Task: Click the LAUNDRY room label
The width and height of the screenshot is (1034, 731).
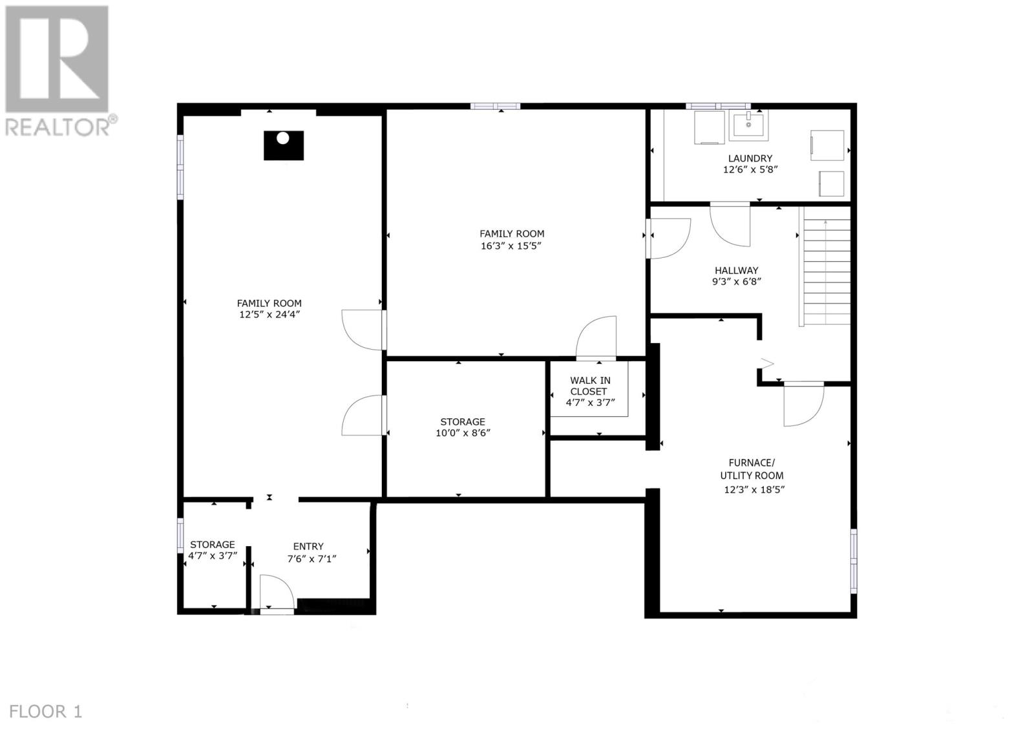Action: pos(750,158)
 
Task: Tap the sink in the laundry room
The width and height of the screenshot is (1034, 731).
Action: pos(749,124)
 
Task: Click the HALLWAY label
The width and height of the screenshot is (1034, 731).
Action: pos(736,271)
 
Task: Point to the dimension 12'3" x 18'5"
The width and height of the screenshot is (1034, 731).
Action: pos(754,489)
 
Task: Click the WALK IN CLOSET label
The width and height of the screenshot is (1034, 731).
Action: pos(589,386)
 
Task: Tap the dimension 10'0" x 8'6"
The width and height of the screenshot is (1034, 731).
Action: pos(463,433)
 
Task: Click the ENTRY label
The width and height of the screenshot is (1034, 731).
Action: pos(308,546)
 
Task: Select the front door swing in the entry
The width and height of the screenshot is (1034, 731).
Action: pos(277,592)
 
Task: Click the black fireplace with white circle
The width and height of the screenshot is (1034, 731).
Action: pos(283,145)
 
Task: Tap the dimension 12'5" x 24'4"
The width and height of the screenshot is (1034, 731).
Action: pos(269,315)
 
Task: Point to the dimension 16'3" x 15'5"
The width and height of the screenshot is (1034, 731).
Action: pos(511,246)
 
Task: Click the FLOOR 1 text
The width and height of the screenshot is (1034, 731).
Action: pos(46,712)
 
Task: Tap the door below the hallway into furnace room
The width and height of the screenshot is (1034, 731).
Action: pos(803,405)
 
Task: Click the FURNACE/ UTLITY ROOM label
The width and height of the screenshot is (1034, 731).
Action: pos(752,469)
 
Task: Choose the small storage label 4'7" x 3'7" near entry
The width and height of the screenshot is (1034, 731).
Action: pos(213,555)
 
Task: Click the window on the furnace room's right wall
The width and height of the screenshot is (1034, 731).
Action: pos(853,560)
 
